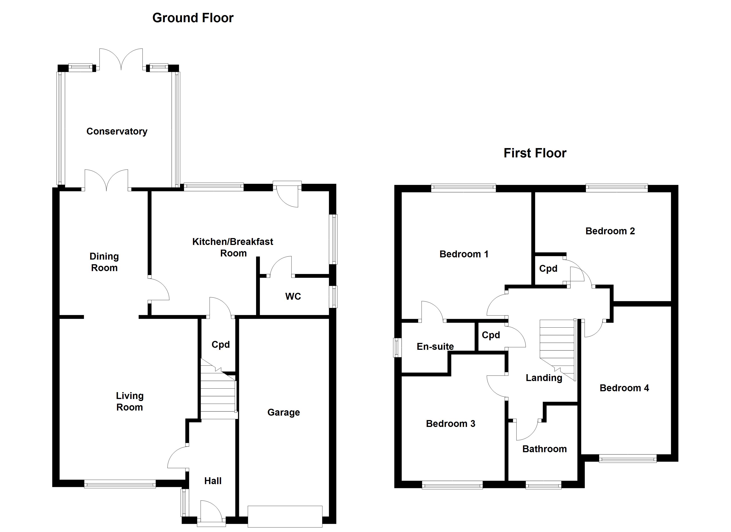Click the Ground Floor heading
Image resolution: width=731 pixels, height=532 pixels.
[x=193, y=18]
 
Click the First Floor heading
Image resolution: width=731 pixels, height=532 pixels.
[x=535, y=153]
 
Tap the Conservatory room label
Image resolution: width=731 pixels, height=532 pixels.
[x=117, y=131]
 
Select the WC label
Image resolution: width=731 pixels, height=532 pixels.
[x=293, y=297]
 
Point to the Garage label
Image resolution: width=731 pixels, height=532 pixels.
[x=284, y=412]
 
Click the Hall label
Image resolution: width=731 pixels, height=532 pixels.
[x=213, y=481]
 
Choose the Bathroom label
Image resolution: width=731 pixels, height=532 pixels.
[x=544, y=449]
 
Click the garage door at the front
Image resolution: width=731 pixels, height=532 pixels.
[x=285, y=516]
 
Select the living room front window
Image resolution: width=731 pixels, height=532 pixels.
[x=120, y=484]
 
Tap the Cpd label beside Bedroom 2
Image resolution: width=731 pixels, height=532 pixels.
[x=548, y=268]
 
